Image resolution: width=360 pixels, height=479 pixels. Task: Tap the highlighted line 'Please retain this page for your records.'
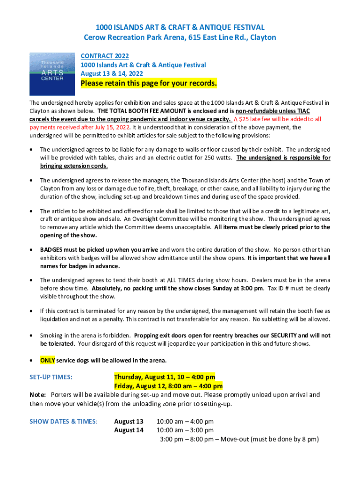point(149,84)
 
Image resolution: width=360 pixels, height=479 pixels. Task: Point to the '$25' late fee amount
point(245,119)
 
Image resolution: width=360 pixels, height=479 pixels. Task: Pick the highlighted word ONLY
point(47,361)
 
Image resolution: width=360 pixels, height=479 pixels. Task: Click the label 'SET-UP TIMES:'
point(50,377)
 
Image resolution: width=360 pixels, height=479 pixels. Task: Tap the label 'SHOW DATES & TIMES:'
point(64,421)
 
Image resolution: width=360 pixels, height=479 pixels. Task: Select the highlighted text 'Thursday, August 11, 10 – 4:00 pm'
point(165,377)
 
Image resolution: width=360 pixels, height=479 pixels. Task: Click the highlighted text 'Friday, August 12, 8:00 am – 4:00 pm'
point(168,386)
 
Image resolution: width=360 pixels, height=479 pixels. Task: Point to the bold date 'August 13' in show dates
point(129,421)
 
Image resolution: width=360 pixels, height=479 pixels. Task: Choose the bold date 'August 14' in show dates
point(129,430)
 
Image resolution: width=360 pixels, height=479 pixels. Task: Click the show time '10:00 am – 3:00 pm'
point(185,430)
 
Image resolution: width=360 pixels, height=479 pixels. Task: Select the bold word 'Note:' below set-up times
point(38,395)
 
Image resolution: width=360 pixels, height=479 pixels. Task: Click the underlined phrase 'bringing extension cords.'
point(74,166)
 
